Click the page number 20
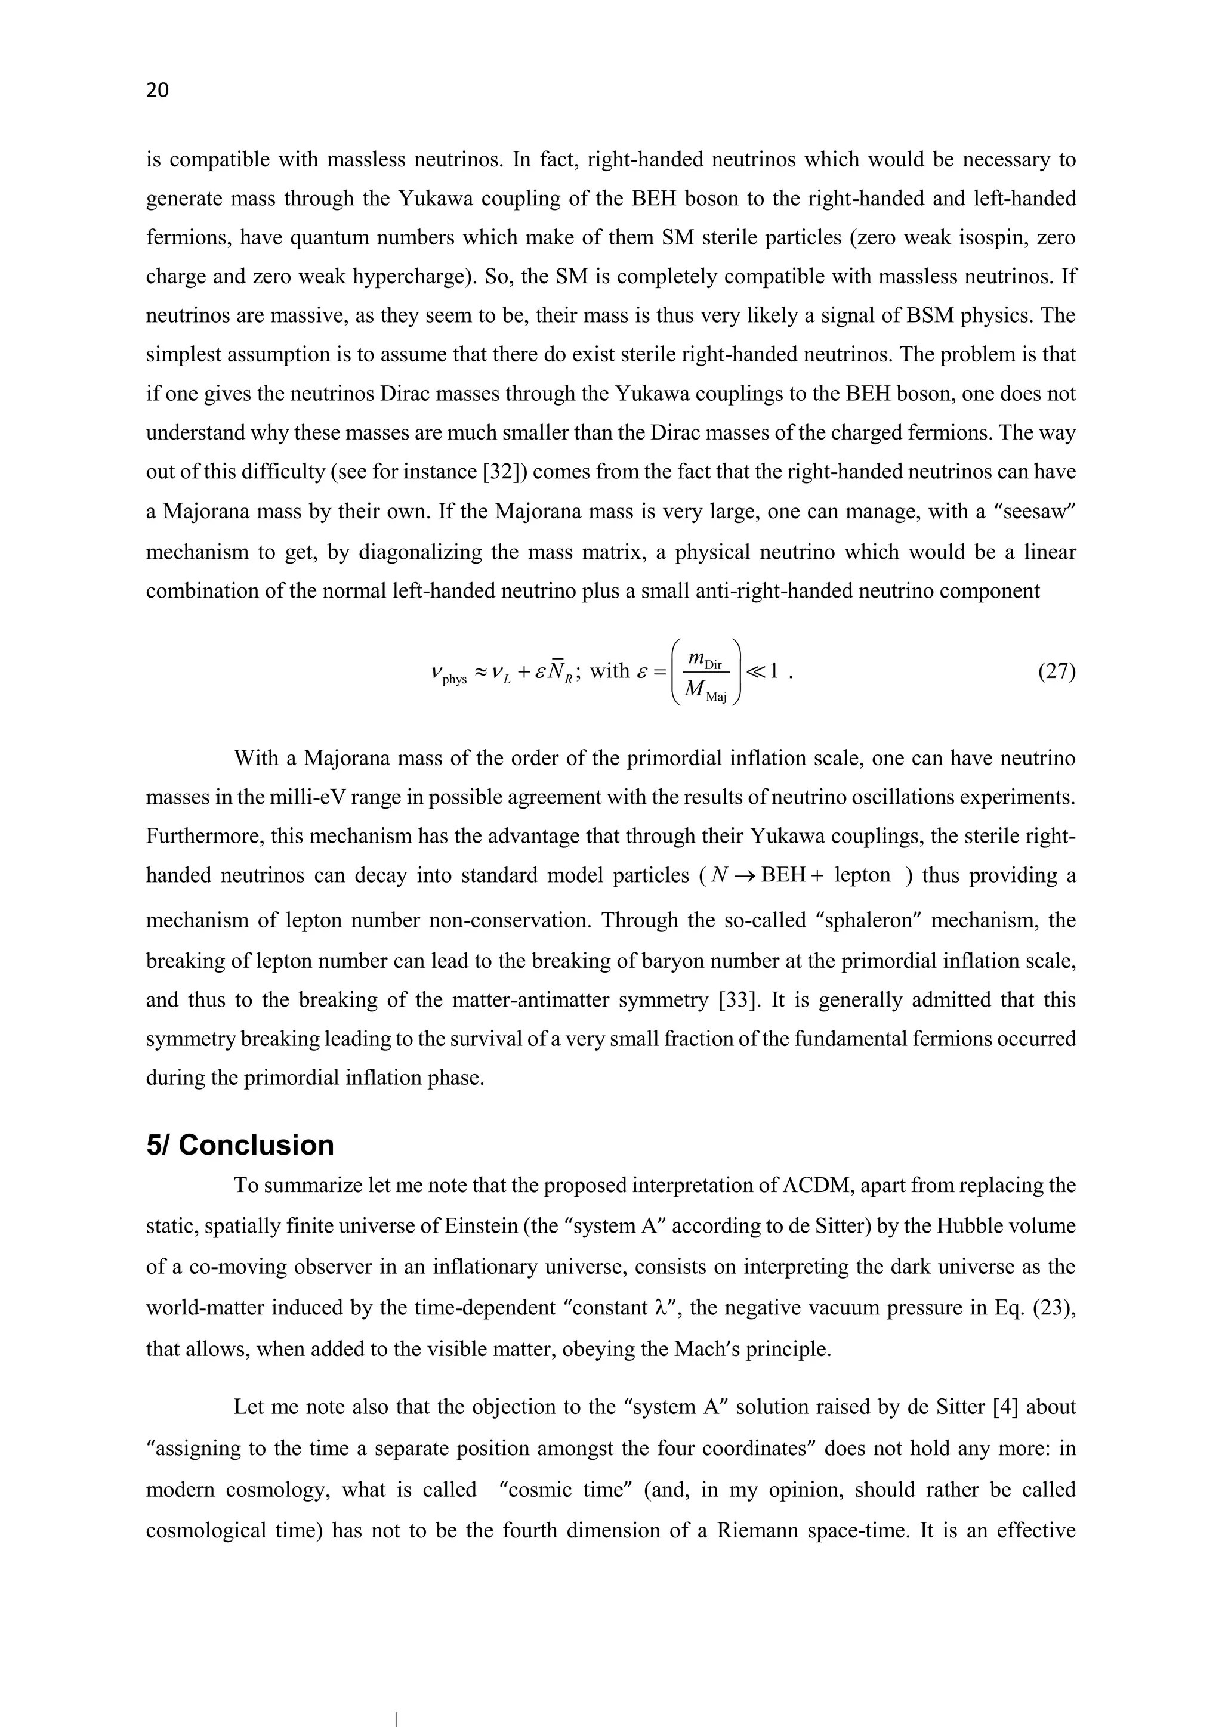tap(158, 90)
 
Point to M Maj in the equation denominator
tap(706, 691)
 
